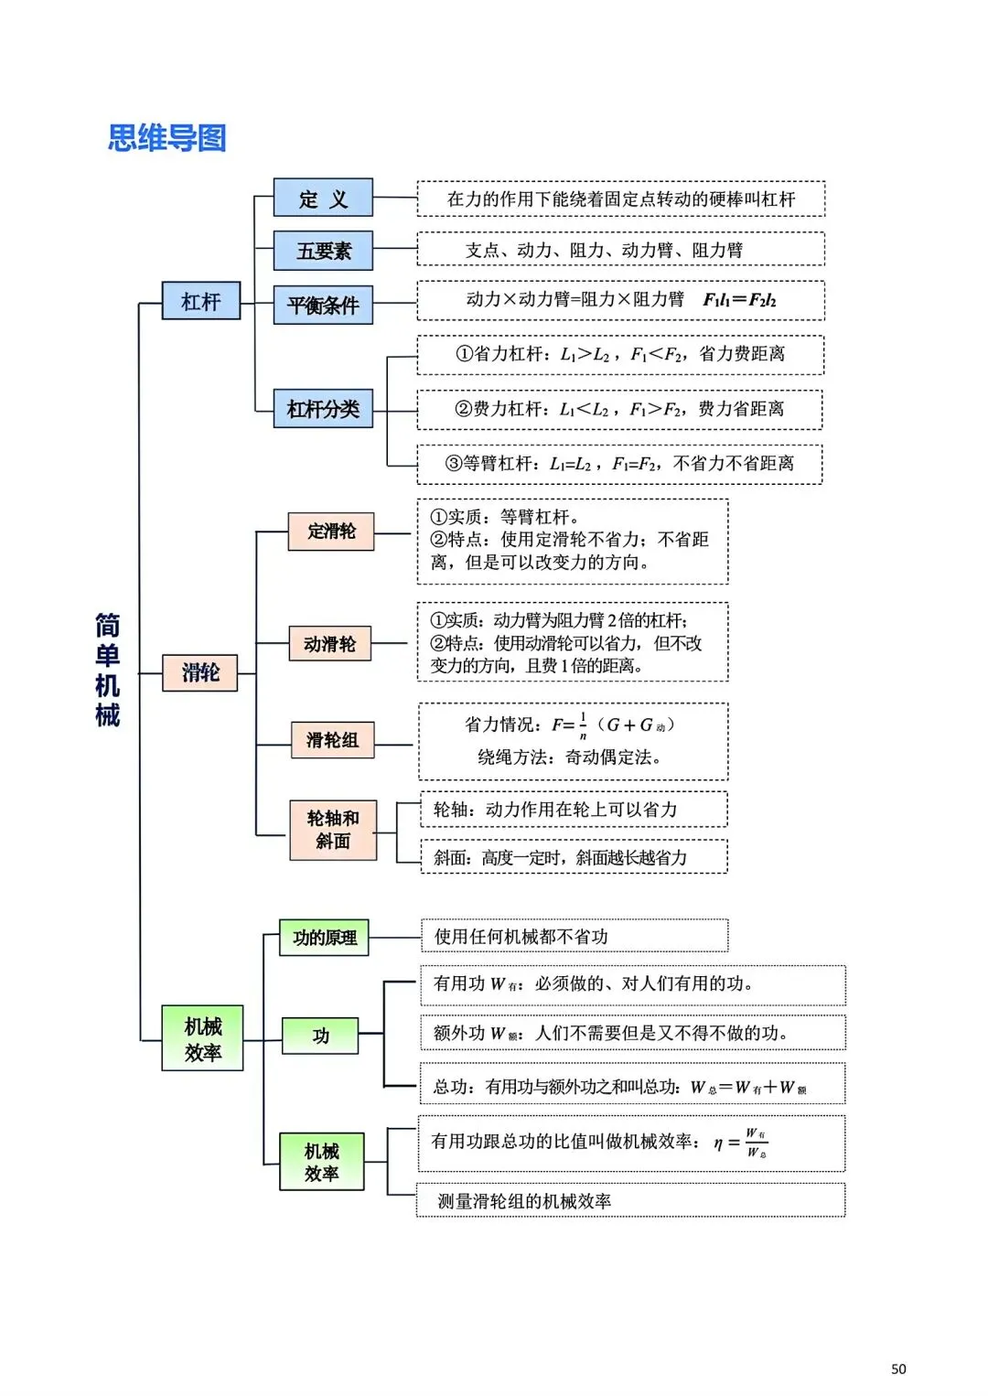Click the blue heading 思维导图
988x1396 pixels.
click(166, 138)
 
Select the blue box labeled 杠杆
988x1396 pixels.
click(201, 301)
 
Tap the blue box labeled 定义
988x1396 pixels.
click(323, 199)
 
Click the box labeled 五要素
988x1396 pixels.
click(323, 251)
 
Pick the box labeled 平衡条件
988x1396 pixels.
click(323, 305)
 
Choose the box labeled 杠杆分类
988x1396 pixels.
click(323, 409)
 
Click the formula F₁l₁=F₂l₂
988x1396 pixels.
click(739, 300)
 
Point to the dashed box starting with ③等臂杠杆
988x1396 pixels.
click(619, 464)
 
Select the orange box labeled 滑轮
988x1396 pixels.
click(199, 672)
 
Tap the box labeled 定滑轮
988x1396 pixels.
click(331, 532)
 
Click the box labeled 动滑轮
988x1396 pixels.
click(329, 644)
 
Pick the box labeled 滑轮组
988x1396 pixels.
click(332, 740)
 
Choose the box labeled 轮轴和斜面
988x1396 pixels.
click(333, 830)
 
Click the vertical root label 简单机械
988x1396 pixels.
click(107, 670)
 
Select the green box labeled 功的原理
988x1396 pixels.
click(324, 938)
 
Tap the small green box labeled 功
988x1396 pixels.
click(320, 1036)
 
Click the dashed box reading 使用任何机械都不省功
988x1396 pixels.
click(575, 937)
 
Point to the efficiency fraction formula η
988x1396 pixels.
click(743, 1143)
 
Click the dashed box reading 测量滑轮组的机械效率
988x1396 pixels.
click(630, 1201)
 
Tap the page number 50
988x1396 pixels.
click(898, 1369)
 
